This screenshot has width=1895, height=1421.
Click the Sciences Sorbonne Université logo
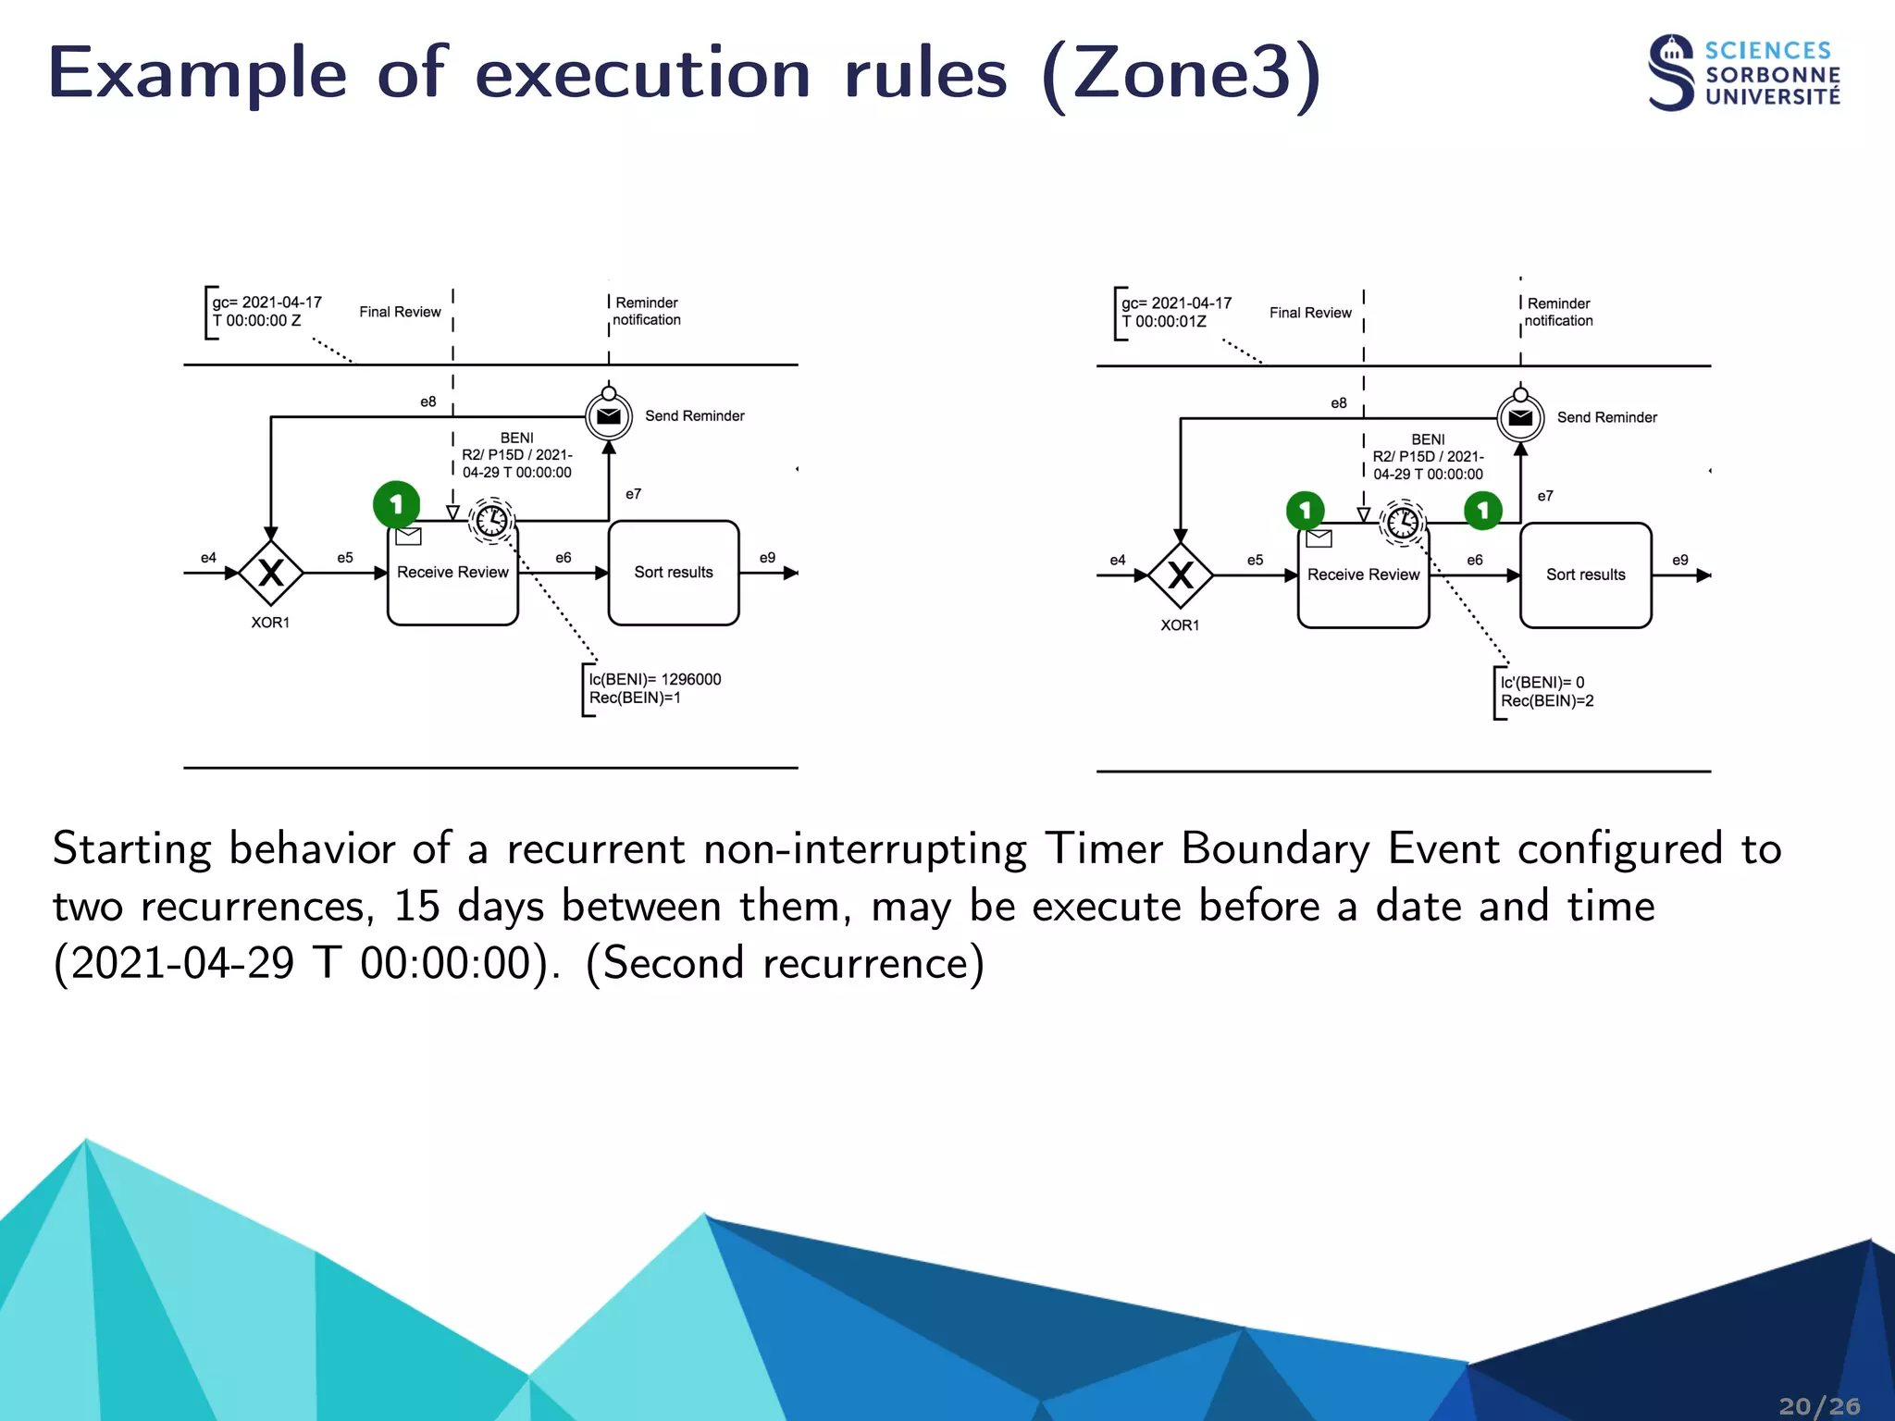[x=1743, y=74]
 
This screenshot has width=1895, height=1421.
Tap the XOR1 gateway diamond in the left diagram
[x=270, y=574]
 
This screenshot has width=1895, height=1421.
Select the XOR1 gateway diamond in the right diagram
[x=1181, y=575]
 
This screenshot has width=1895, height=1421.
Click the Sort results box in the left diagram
[x=674, y=573]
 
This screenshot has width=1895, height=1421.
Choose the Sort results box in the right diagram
[x=1585, y=575]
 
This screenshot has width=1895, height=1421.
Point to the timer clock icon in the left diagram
[x=491, y=520]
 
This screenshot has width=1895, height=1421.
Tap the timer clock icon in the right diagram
[x=1403, y=523]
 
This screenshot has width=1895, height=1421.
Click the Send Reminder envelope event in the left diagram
[x=609, y=416]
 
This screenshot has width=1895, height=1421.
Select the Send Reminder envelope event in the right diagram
[x=1520, y=418]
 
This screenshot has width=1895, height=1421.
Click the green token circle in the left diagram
[x=396, y=504]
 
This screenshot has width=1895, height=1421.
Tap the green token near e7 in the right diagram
[x=1482, y=511]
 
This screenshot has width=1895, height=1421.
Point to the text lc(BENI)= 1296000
[x=655, y=679]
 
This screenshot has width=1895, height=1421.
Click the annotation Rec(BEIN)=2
[x=1547, y=701]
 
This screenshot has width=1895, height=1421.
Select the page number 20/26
[x=1818, y=1406]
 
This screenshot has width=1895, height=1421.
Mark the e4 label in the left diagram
[x=208, y=558]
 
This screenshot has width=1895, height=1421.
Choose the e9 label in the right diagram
[x=1679, y=560]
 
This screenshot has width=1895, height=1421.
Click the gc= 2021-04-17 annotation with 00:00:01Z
[x=1176, y=312]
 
